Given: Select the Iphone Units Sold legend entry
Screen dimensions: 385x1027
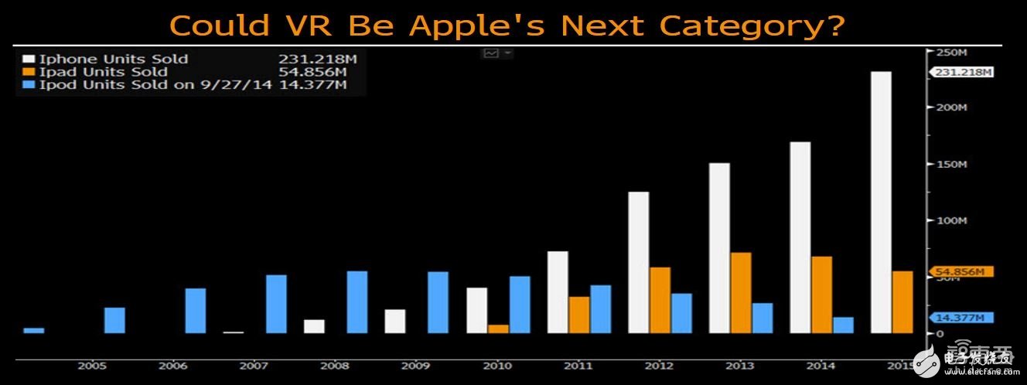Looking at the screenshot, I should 113,59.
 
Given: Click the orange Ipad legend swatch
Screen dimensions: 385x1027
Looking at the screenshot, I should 29,72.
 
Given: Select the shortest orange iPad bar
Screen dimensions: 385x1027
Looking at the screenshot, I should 498,329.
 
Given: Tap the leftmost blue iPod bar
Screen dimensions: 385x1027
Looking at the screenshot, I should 34,330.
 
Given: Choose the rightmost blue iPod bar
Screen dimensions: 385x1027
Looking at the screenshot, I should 843,325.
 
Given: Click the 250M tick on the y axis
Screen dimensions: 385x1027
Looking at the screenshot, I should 950,53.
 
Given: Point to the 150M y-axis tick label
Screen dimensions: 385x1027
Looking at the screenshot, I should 950,165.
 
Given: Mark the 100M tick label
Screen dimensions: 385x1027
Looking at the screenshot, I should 950,220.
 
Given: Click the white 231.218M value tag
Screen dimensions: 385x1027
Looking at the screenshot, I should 963,72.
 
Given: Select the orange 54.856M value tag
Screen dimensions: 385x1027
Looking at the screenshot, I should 959,272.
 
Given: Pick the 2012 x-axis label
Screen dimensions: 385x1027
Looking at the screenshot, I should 658,366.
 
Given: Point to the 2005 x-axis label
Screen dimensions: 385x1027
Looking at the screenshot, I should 91,366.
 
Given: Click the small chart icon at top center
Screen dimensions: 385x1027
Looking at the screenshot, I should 491,53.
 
